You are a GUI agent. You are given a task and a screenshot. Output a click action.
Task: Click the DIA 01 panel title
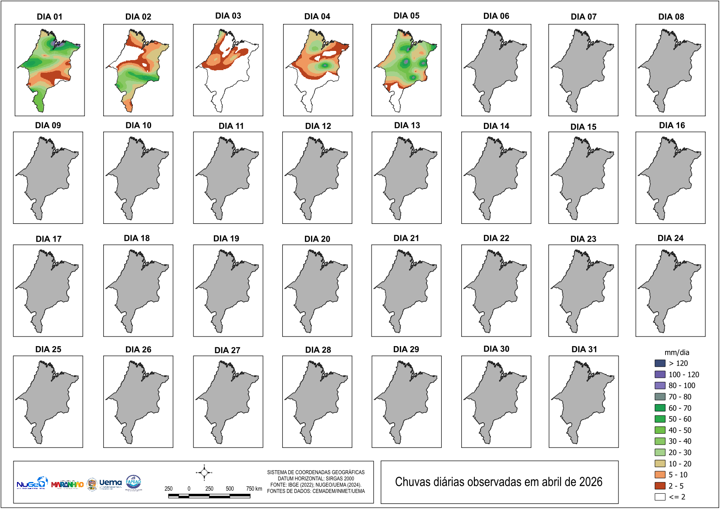click(49, 17)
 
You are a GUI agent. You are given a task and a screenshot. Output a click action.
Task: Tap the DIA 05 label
click(406, 16)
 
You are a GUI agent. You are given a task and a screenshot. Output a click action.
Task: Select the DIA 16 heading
click(672, 125)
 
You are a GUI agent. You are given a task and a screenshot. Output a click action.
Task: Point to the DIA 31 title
click(584, 349)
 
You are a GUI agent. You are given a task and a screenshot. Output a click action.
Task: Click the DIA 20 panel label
click(317, 239)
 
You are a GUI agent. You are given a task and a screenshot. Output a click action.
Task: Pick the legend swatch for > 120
click(660, 363)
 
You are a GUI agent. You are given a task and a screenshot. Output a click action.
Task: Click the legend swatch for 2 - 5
click(660, 485)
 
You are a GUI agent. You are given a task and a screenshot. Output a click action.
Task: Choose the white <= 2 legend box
click(660, 497)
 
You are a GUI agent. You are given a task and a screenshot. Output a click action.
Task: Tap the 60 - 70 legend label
click(679, 408)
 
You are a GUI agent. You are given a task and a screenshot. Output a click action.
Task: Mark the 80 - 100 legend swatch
click(660, 385)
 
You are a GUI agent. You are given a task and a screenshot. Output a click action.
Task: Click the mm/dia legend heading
click(676, 352)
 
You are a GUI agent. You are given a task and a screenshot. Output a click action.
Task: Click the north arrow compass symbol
click(204, 472)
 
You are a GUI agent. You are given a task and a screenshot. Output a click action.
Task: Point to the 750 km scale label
click(254, 489)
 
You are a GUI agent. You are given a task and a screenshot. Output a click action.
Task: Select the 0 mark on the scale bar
click(189, 489)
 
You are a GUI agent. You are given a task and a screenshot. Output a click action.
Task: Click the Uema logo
click(110, 483)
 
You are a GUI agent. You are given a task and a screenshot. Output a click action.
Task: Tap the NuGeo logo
click(31, 483)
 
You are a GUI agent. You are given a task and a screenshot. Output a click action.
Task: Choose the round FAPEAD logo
click(133, 482)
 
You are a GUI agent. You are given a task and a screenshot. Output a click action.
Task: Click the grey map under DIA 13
click(406, 179)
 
